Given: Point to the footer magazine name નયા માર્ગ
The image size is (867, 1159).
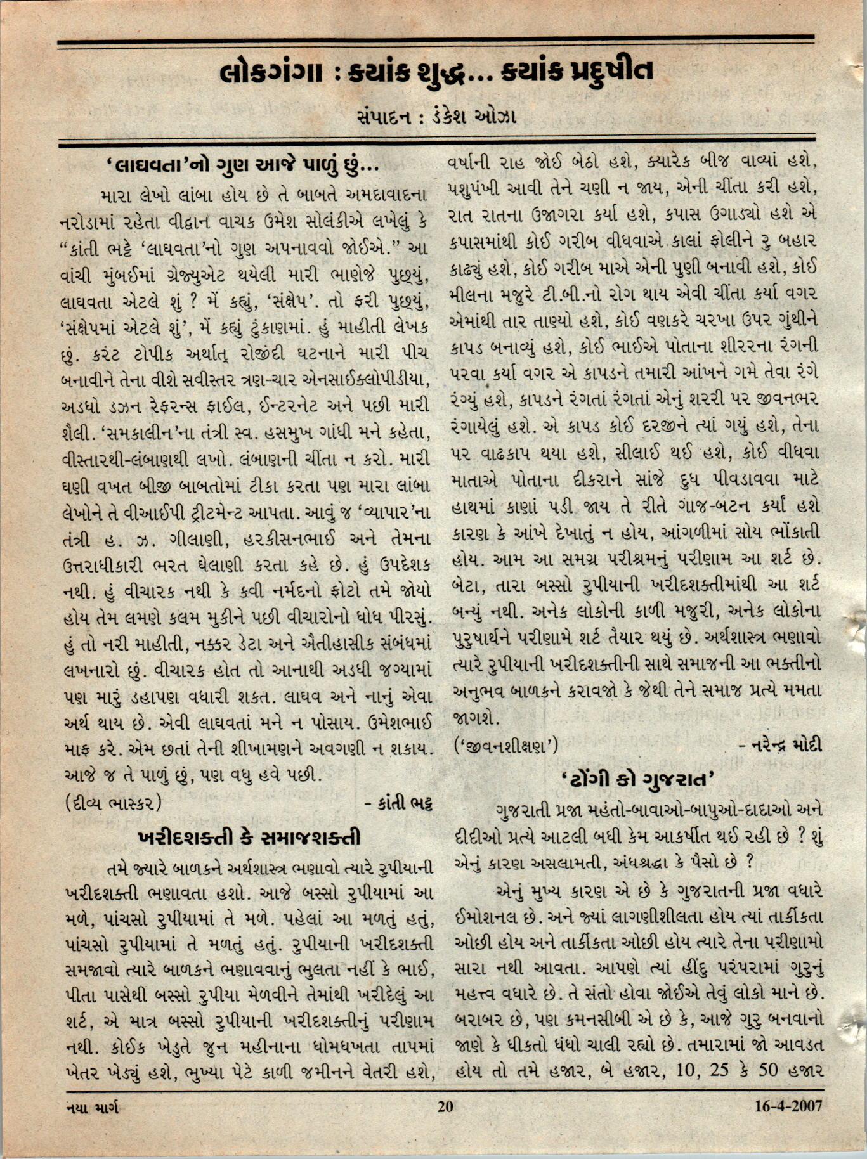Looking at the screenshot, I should point(92,1107).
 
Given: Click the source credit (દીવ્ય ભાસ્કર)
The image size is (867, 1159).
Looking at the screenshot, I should point(114,803).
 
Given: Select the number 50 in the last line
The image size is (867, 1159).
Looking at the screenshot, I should point(764,1071).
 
